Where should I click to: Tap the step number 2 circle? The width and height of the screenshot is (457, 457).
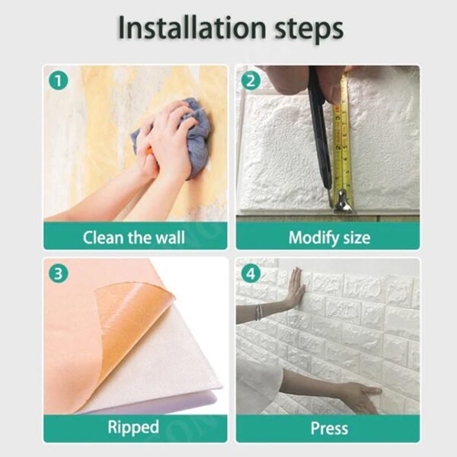pyautogui.click(x=251, y=79)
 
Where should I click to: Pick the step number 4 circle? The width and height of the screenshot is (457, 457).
pyautogui.click(x=251, y=272)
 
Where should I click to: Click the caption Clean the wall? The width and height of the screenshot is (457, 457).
pyautogui.click(x=133, y=237)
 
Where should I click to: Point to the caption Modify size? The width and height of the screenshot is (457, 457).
pyautogui.click(x=328, y=237)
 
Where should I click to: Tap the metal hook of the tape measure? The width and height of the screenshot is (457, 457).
pyautogui.click(x=342, y=203)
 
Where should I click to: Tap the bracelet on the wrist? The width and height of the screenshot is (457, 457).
pyautogui.click(x=260, y=311)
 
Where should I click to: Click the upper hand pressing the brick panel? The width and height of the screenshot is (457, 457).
pyautogui.click(x=293, y=289)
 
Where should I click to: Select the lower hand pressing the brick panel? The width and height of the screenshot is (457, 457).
pyautogui.click(x=358, y=395)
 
